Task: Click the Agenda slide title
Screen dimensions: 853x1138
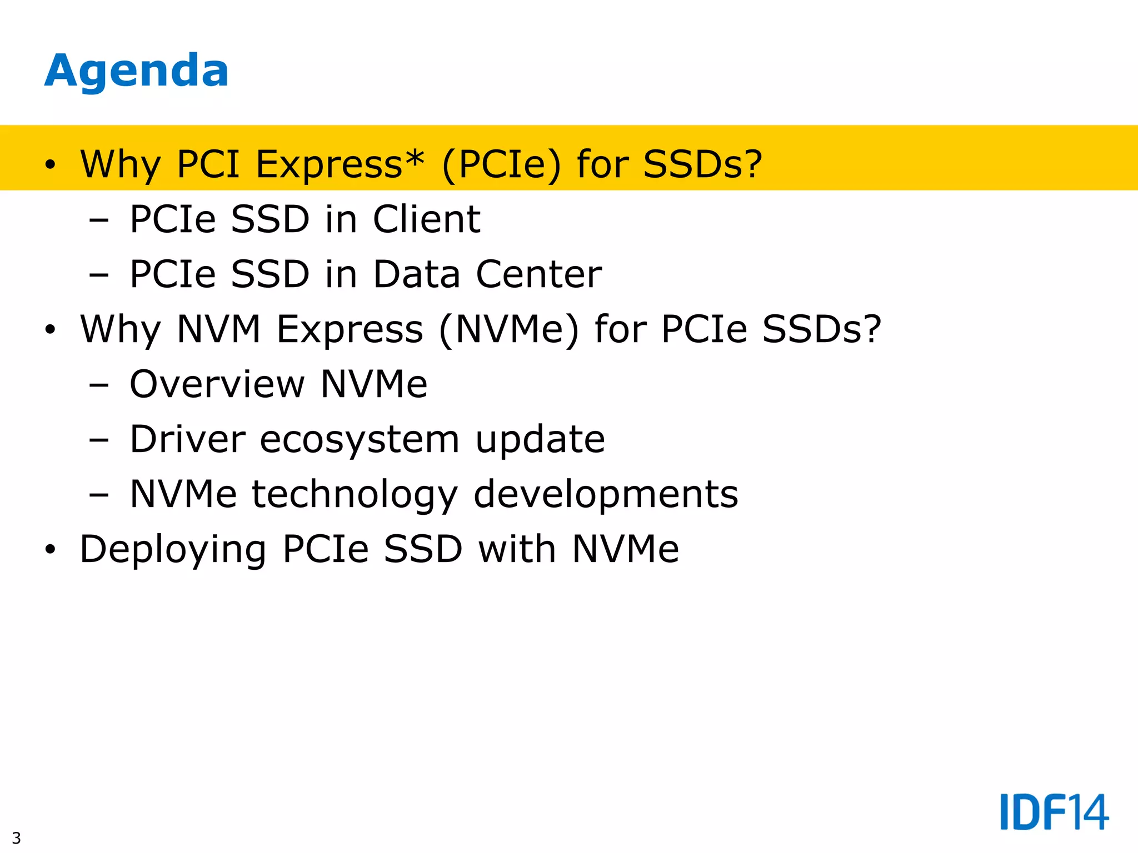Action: (x=136, y=71)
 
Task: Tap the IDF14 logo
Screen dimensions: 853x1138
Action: (x=1054, y=812)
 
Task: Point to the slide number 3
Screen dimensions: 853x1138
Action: (x=16, y=837)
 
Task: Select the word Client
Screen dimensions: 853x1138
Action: (x=426, y=219)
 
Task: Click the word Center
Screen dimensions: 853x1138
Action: (x=538, y=274)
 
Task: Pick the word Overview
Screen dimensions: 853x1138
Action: (x=217, y=384)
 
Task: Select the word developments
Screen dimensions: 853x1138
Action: (x=606, y=494)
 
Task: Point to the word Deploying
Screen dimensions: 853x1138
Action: (x=173, y=550)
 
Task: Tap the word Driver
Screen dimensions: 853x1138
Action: (x=187, y=439)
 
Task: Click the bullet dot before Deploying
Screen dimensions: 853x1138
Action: (x=51, y=550)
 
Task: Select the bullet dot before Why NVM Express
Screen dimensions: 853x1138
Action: (x=51, y=330)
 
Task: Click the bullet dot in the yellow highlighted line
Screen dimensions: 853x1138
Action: (x=51, y=164)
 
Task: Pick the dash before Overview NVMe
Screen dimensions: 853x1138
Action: (x=98, y=384)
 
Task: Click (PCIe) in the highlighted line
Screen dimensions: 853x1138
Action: (x=501, y=164)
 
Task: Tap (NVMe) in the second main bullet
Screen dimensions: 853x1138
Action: (x=508, y=330)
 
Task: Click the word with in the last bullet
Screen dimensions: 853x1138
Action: (x=517, y=549)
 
